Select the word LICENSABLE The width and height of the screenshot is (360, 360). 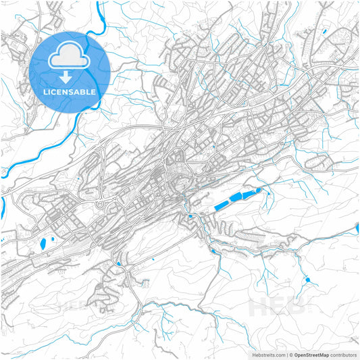point(70,91)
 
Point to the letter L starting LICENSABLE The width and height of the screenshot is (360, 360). point(45,91)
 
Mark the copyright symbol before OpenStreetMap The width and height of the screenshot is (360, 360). point(291,354)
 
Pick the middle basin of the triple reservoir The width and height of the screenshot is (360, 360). point(236,198)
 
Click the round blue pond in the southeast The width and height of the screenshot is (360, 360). point(308,279)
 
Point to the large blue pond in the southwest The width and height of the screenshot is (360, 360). point(44,242)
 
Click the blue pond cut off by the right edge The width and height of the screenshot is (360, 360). point(357,230)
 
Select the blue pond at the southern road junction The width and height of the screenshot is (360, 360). point(120,263)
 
